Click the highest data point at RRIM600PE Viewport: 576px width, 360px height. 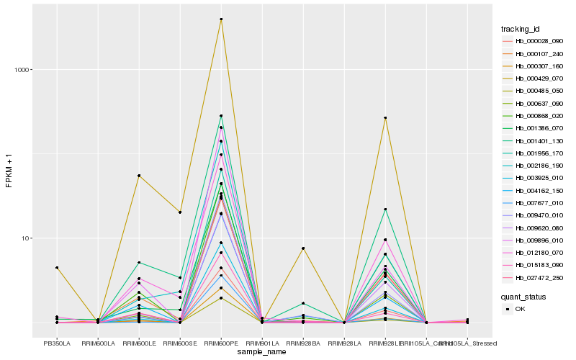(221, 19)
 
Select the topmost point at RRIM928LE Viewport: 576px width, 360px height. (385, 118)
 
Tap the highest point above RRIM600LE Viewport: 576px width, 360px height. (139, 176)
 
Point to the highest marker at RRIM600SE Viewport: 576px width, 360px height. (180, 212)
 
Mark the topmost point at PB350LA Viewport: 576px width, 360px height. (57, 268)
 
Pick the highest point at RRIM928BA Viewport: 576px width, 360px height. (303, 248)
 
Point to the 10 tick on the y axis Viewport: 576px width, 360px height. (26, 238)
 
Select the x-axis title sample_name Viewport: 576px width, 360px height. (262, 352)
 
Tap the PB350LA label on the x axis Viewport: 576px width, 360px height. (57, 343)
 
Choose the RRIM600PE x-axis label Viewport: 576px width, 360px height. (221, 343)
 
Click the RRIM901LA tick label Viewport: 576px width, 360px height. (262, 343)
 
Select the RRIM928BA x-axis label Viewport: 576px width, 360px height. (303, 343)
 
